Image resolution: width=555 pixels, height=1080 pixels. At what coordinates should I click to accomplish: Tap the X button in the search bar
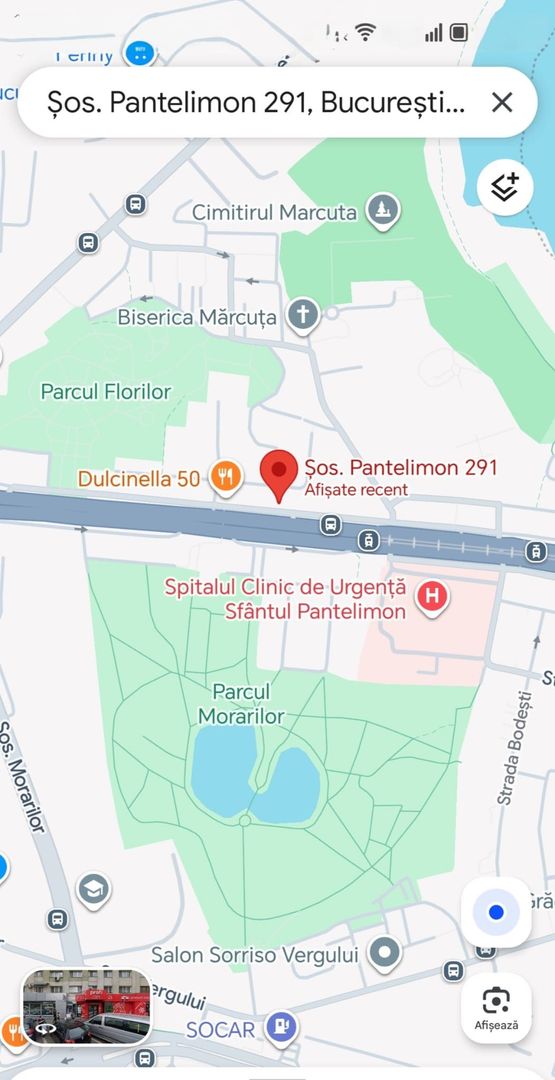click(502, 101)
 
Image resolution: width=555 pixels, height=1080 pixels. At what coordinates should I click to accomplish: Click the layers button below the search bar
click(505, 187)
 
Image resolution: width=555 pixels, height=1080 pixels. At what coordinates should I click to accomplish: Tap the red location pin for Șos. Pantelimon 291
click(279, 473)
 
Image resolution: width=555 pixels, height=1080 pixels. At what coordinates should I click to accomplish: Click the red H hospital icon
click(432, 597)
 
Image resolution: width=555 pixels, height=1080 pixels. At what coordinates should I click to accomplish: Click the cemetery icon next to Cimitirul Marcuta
click(382, 211)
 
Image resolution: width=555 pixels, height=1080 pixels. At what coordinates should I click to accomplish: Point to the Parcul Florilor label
click(106, 392)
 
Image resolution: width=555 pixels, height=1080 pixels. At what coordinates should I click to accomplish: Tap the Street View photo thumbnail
click(87, 1006)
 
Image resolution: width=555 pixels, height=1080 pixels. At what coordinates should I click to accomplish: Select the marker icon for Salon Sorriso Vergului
click(384, 954)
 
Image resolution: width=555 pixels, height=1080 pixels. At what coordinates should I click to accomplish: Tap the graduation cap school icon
click(94, 889)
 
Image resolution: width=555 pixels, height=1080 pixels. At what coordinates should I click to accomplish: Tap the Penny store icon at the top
click(140, 52)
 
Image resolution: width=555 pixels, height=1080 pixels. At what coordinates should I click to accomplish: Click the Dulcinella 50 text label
click(139, 479)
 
